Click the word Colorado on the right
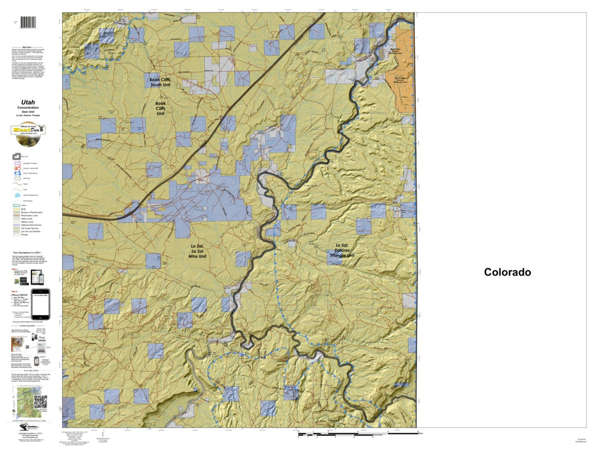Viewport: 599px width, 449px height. coord(507,272)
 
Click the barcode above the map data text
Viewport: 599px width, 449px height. coord(28,23)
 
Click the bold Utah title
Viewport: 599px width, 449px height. coord(28,102)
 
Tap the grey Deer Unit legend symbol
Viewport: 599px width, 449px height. coord(16,156)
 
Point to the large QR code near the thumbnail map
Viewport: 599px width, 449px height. coord(40,401)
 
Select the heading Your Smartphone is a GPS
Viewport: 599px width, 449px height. coord(28,253)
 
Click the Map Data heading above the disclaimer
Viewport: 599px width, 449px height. coord(28,47)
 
